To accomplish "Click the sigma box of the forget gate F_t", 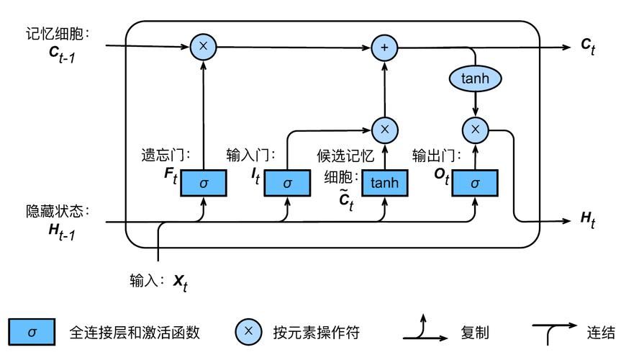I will pos(204,183).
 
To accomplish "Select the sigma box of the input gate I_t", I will pos(288,183).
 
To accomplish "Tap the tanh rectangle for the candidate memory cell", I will pos(384,183).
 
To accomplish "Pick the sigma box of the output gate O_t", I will pos(475,183).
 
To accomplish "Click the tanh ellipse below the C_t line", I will pos(475,78).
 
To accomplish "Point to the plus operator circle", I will pos(384,48).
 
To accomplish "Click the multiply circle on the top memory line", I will pos(204,47).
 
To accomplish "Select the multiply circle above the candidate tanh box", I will pos(384,130).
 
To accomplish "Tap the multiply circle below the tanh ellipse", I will pos(475,130).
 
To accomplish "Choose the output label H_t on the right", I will pos(588,220).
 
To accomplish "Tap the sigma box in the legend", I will pos(32,332).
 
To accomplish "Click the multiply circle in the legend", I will pos(249,332).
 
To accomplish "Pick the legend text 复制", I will pos(475,333).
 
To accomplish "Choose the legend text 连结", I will pos(601,333).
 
